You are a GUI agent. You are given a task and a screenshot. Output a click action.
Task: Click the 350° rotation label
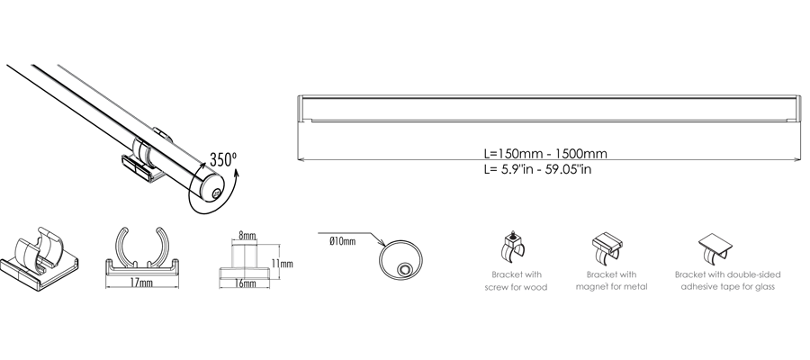coord(223,158)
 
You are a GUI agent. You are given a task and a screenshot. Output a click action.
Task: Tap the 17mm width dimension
coord(141,282)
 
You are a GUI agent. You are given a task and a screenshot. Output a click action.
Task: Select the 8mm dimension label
coord(247,236)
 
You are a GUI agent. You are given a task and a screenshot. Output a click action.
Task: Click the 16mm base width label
coord(245,283)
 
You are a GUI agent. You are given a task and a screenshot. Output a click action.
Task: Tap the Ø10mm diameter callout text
coord(343,241)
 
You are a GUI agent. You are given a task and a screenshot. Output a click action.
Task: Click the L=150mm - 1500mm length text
coord(545,153)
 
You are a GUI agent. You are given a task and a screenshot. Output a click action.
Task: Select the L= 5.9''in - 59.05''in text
coord(537,169)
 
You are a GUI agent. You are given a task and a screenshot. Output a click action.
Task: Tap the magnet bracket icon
coord(607,247)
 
